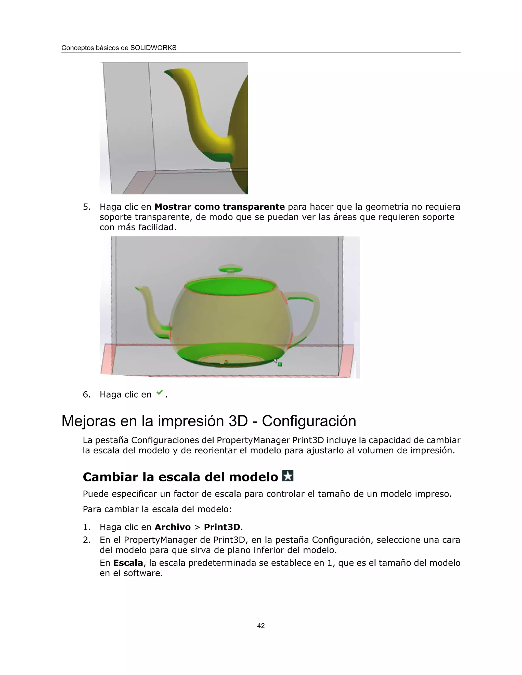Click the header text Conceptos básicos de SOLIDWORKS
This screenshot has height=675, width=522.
pyautogui.click(x=119, y=48)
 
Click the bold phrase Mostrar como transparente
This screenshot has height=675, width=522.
pyautogui.click(x=219, y=207)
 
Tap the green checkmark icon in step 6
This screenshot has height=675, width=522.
pyautogui.click(x=160, y=393)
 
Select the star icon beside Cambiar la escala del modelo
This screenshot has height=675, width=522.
pyautogui.click(x=288, y=476)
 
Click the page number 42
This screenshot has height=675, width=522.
pyautogui.click(x=261, y=626)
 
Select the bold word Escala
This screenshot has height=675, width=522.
pyautogui.click(x=128, y=563)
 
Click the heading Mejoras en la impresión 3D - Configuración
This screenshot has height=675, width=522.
pyautogui.click(x=209, y=421)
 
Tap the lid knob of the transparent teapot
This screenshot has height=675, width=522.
pyautogui.click(x=230, y=268)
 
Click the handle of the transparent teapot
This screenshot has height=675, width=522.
pyautogui.click(x=312, y=312)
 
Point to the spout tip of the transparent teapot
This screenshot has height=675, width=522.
pyautogui.click(x=138, y=288)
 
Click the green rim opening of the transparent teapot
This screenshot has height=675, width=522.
pyautogui.click(x=230, y=287)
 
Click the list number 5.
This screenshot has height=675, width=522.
pyautogui.click(x=87, y=207)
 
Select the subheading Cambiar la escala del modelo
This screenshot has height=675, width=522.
pyautogui.click(x=180, y=477)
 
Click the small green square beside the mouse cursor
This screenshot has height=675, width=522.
pyautogui.click(x=280, y=364)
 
